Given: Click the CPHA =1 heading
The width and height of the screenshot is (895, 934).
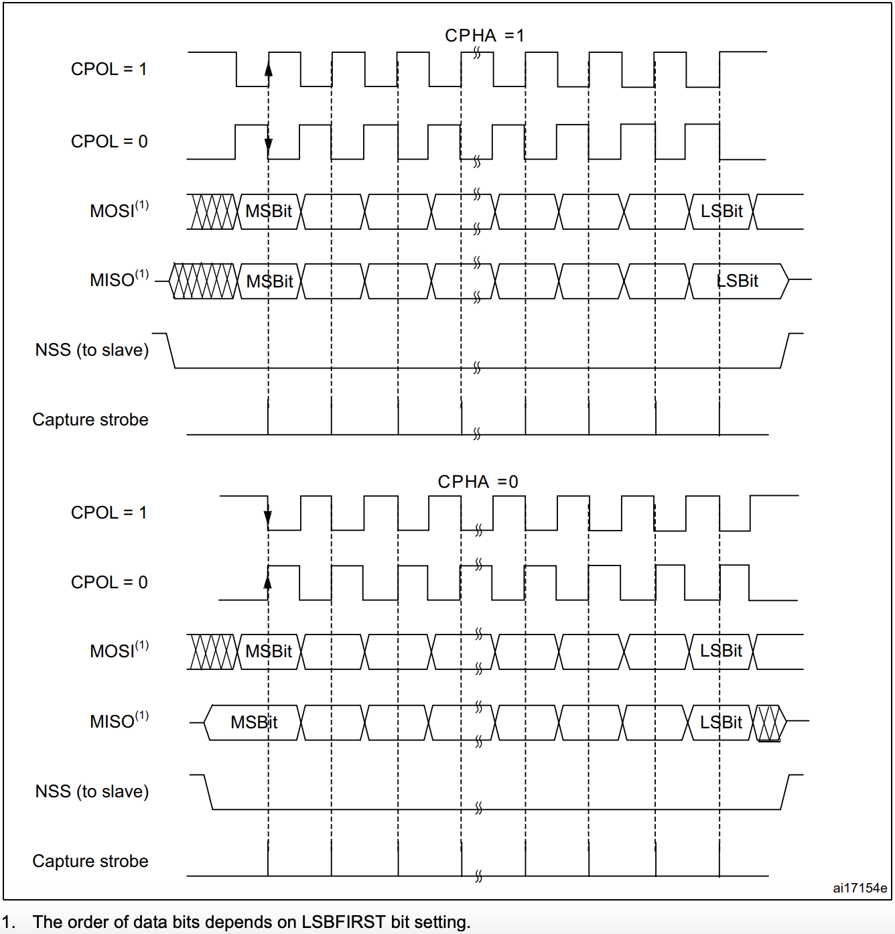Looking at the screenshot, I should click(x=484, y=36).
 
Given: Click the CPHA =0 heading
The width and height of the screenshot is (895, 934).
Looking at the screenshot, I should click(x=478, y=482).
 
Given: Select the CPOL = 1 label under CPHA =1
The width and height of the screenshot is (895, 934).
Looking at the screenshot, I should click(x=109, y=69).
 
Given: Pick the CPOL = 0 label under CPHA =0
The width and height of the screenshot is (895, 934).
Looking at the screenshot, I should click(x=109, y=582).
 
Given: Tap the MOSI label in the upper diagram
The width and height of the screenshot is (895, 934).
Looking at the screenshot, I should click(x=119, y=211).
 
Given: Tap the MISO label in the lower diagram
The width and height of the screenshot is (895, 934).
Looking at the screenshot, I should click(x=119, y=721).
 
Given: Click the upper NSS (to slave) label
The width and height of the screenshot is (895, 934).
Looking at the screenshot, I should click(x=92, y=350).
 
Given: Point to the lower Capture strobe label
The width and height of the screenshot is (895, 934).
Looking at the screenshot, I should click(x=90, y=861).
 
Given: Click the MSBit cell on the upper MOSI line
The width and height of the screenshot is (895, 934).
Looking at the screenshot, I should click(x=269, y=212).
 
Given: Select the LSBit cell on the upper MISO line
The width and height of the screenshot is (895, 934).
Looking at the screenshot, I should click(x=737, y=281).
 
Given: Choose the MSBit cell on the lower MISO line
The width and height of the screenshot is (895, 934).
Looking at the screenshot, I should click(x=254, y=722).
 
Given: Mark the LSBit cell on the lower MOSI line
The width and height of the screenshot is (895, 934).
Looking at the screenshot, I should click(x=721, y=651).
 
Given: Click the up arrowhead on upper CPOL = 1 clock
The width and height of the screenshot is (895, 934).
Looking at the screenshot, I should click(x=269, y=69).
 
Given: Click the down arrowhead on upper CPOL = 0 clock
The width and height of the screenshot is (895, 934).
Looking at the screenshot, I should click(x=269, y=143).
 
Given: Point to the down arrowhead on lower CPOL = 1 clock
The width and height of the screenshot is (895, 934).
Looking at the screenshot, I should click(x=268, y=517).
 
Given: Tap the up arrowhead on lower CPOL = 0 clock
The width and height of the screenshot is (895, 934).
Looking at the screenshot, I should click(x=268, y=582).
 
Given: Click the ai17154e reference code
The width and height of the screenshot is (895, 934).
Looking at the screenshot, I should click(x=859, y=888).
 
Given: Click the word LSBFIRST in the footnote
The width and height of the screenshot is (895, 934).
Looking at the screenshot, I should click(x=344, y=922).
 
